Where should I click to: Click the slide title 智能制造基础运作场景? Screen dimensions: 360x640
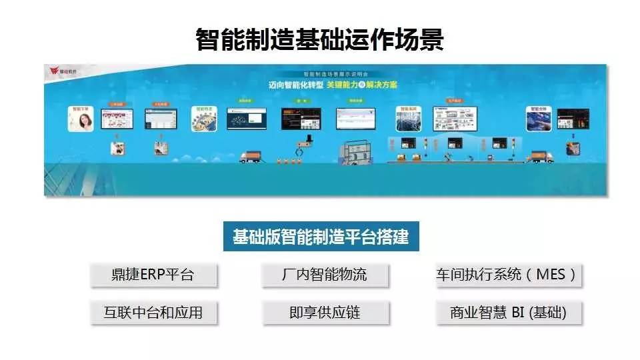tap(320, 39)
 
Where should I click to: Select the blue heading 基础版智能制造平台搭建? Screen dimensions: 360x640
tap(321, 237)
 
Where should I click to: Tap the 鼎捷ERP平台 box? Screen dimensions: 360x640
tap(154, 275)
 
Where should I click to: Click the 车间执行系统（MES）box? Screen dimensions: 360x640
tap(507, 275)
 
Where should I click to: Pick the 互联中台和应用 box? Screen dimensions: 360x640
tap(154, 312)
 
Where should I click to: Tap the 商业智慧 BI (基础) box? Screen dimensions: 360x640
tap(507, 312)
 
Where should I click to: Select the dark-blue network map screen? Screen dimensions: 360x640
tap(246, 119)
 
